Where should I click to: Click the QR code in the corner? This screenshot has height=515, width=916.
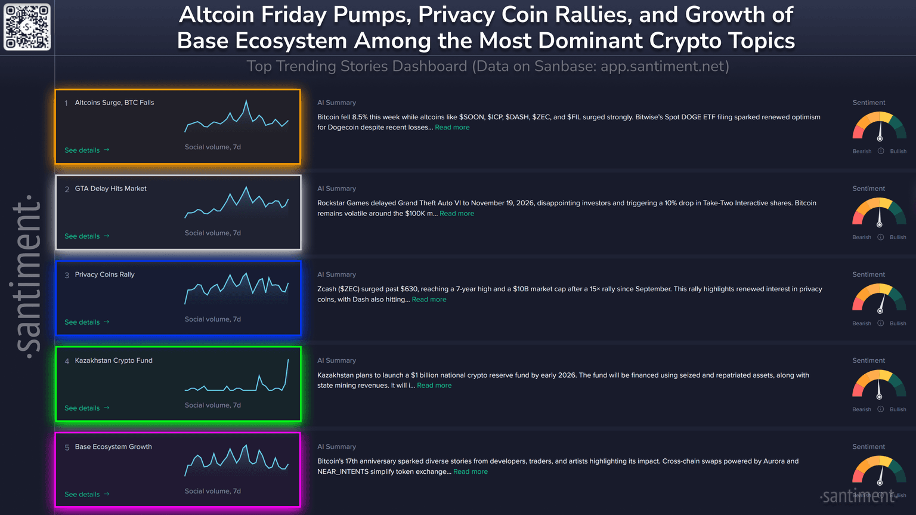[27, 27]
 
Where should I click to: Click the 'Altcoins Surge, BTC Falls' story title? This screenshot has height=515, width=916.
[114, 103]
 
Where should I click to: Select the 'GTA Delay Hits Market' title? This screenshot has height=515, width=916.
[110, 189]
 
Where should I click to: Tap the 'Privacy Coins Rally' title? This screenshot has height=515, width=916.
[104, 275]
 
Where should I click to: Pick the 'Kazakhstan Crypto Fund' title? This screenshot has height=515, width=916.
[113, 360]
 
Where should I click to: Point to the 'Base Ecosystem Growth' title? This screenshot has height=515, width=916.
[113, 446]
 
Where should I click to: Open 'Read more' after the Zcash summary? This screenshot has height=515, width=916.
[429, 300]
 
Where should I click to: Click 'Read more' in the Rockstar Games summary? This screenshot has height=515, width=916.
[457, 214]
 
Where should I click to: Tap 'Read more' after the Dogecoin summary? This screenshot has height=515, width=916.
[452, 128]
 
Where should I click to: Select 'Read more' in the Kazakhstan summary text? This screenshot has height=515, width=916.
[434, 386]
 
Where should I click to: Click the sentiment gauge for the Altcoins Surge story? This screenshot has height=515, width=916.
[879, 127]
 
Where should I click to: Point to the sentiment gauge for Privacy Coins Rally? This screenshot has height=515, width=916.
[879, 298]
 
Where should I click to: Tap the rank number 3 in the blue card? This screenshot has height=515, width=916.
[67, 275]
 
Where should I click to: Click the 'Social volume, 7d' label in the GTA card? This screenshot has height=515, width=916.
[212, 233]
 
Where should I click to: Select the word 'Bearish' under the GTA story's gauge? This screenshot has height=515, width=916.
[861, 238]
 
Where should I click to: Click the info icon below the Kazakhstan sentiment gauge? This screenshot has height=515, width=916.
[880, 409]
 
